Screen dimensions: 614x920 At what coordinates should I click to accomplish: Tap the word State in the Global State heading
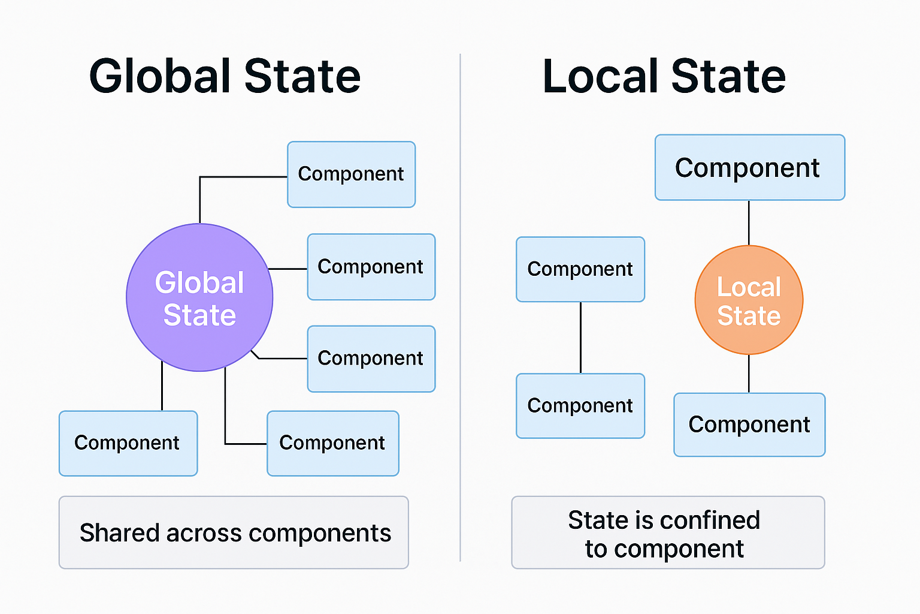(302, 76)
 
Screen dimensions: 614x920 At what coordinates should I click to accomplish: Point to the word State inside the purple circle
(199, 315)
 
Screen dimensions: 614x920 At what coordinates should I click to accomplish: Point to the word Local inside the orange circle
(749, 287)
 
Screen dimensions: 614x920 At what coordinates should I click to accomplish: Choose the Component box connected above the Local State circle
(750, 167)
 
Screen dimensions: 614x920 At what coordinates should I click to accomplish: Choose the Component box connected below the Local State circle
(749, 425)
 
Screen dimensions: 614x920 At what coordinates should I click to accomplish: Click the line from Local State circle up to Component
(749, 222)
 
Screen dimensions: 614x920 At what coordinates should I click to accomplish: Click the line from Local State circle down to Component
(749, 374)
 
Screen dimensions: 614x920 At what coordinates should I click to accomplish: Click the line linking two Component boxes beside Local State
(580, 338)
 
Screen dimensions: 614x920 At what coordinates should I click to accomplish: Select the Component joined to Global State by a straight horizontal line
(371, 267)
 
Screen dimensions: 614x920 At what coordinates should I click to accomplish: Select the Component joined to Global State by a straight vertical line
(128, 443)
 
